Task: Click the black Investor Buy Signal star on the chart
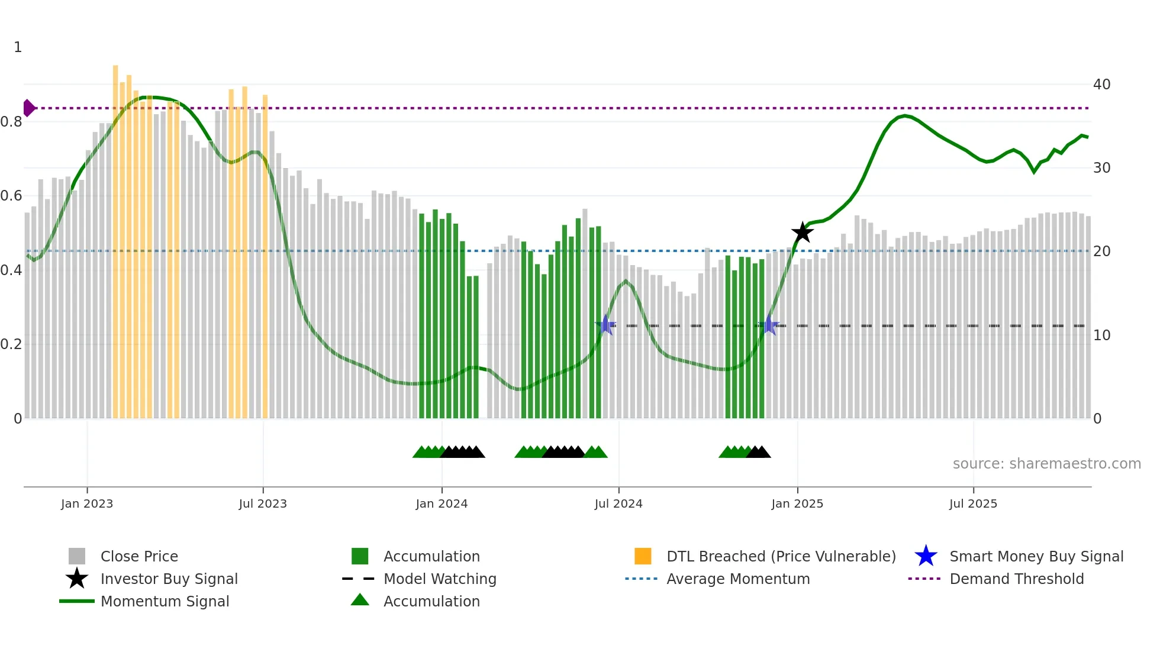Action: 803,233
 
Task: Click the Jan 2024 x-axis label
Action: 442,503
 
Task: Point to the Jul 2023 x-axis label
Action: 263,503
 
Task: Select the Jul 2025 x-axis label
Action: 973,503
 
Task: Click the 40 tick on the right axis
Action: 1101,85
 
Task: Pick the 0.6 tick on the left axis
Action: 11,196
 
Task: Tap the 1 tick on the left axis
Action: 18,47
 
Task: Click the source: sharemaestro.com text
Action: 1046,464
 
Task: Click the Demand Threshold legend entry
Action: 1016,579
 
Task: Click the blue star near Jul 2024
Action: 605,325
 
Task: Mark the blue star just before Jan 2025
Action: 768,325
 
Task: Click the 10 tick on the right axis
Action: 1101,335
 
